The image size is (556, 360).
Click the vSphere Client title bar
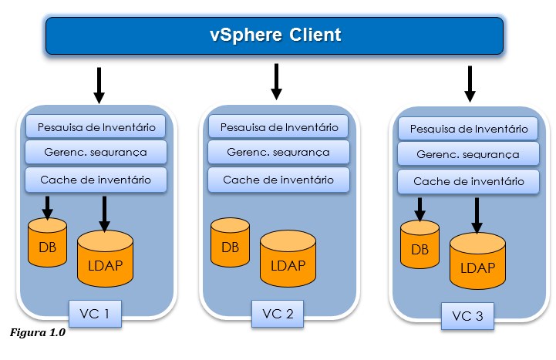[x=275, y=35]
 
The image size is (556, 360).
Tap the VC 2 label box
[x=278, y=313]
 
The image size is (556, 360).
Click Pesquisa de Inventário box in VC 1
[x=96, y=126]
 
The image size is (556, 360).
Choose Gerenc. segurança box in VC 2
[x=278, y=152]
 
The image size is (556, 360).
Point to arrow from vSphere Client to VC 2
[x=276, y=82]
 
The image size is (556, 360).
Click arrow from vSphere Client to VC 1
[x=99, y=86]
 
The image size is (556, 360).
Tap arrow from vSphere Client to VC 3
[x=470, y=84]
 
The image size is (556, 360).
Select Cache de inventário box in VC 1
[x=96, y=180]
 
